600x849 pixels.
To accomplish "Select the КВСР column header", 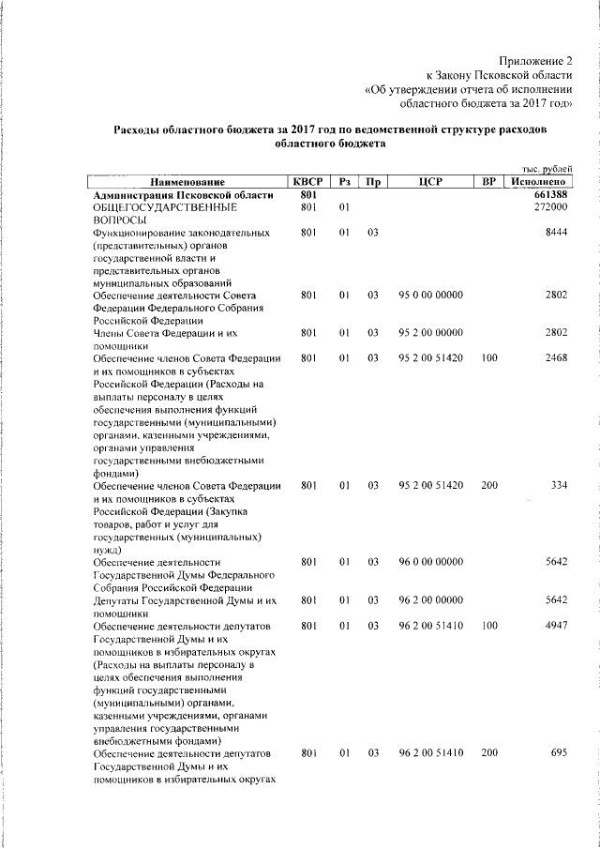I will pos(307,181).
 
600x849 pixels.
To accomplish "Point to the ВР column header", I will pos(487,181).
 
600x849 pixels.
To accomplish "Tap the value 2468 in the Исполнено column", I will pos(556,358).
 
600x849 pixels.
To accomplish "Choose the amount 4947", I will pos(556,625).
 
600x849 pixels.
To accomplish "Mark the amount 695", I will pos(559,753).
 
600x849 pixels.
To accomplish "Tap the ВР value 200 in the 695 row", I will pos(488,753).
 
